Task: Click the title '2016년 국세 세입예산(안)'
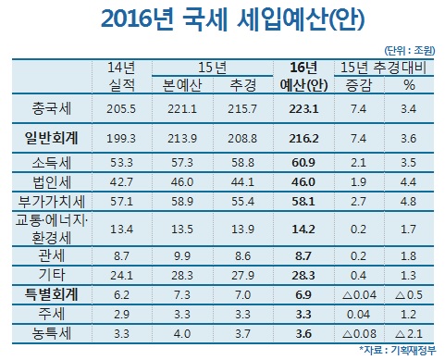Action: [x=233, y=19]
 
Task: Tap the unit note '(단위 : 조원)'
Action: [x=409, y=50]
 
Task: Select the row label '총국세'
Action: [x=52, y=109]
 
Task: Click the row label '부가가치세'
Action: [x=52, y=202]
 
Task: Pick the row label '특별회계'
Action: [x=52, y=294]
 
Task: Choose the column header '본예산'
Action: [x=182, y=85]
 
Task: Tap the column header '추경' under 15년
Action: [x=242, y=85]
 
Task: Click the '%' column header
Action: [x=409, y=85]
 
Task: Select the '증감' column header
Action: [x=359, y=85]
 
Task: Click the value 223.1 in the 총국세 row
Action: [x=303, y=109]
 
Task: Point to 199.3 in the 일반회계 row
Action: [x=121, y=139]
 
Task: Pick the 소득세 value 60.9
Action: [x=303, y=163]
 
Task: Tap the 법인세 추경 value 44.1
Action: [x=242, y=182]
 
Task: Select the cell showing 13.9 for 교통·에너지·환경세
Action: [x=242, y=230]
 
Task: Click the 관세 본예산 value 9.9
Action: [x=182, y=256]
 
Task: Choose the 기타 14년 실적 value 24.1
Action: [x=121, y=275]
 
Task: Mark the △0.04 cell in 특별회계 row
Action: [x=359, y=295]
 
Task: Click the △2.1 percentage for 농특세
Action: [x=409, y=334]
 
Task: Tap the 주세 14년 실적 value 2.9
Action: [x=121, y=315]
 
